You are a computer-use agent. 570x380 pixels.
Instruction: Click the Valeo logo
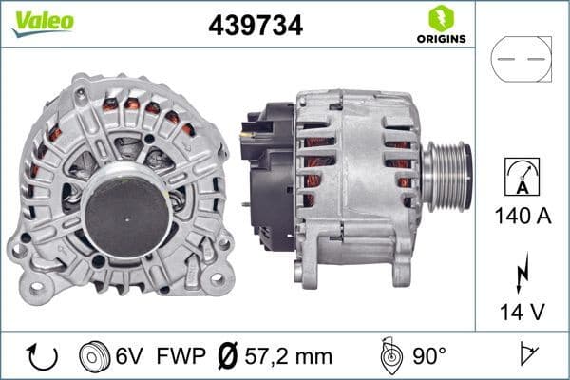click(x=42, y=21)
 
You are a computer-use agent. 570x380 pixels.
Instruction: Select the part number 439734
click(x=255, y=27)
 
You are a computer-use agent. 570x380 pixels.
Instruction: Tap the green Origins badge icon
click(x=440, y=17)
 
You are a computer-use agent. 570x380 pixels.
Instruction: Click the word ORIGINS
click(x=440, y=40)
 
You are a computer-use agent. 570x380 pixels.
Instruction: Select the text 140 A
click(x=522, y=216)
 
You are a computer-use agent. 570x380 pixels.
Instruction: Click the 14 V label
click(x=522, y=310)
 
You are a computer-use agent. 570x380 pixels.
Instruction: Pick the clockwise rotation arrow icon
click(x=42, y=356)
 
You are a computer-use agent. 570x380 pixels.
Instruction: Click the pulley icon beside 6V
click(x=95, y=356)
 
